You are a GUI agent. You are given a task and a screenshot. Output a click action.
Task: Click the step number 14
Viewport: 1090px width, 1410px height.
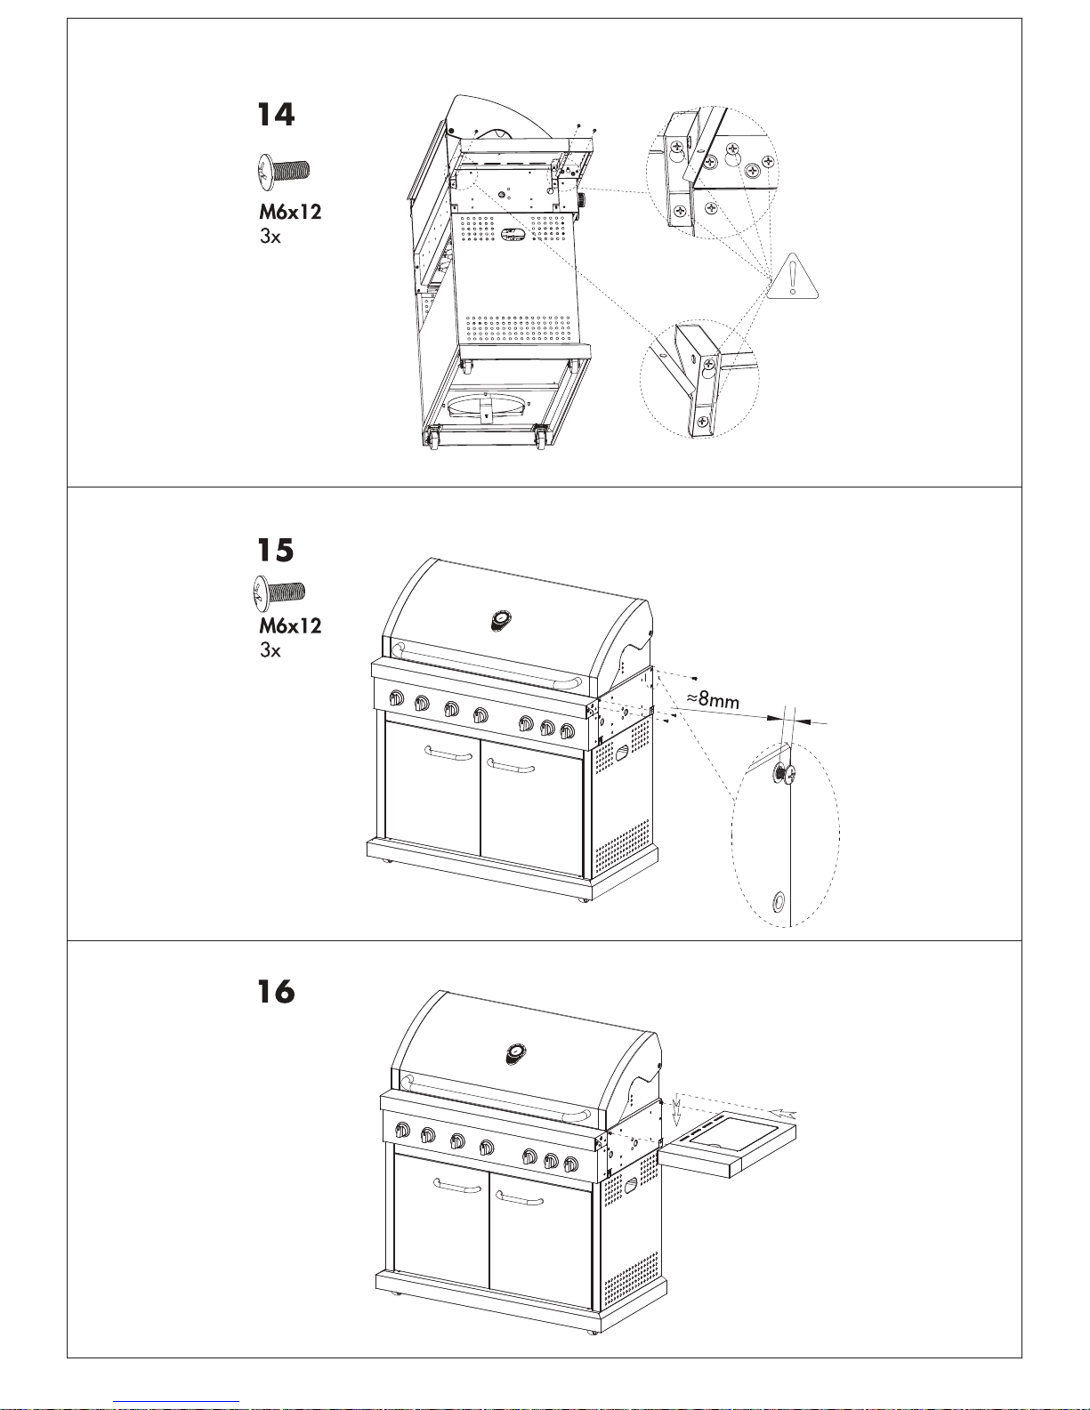tap(276, 115)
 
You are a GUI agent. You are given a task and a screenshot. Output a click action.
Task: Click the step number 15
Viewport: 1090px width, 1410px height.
tap(276, 551)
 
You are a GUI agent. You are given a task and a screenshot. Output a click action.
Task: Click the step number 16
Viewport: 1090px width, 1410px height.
tap(276, 992)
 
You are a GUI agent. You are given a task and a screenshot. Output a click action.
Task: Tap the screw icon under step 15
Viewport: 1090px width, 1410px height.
tap(278, 592)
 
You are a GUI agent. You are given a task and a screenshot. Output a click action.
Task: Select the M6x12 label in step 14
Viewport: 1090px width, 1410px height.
tap(290, 213)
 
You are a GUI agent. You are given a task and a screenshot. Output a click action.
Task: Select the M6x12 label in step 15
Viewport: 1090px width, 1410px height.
tap(290, 625)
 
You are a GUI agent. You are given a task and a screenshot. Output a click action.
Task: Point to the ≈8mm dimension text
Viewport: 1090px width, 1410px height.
tap(713, 700)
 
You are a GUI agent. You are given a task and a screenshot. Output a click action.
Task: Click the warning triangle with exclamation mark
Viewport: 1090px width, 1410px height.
tap(792, 277)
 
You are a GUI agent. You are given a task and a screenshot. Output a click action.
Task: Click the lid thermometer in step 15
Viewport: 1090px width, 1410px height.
tap(500, 620)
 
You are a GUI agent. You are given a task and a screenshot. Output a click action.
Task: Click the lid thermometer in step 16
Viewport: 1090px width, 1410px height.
tap(516, 1054)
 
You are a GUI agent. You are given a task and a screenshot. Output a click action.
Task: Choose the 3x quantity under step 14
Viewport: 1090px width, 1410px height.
tap(270, 237)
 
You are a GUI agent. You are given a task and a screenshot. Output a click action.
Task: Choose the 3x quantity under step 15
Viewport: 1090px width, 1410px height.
tap(270, 649)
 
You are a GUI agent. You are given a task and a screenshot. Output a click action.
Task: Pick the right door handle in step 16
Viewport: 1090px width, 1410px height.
tap(519, 1197)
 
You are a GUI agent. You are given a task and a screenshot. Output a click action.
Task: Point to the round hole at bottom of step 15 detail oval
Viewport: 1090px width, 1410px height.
tap(778, 900)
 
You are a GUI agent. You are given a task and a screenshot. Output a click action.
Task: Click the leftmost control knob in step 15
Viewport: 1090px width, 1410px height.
tap(396, 699)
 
